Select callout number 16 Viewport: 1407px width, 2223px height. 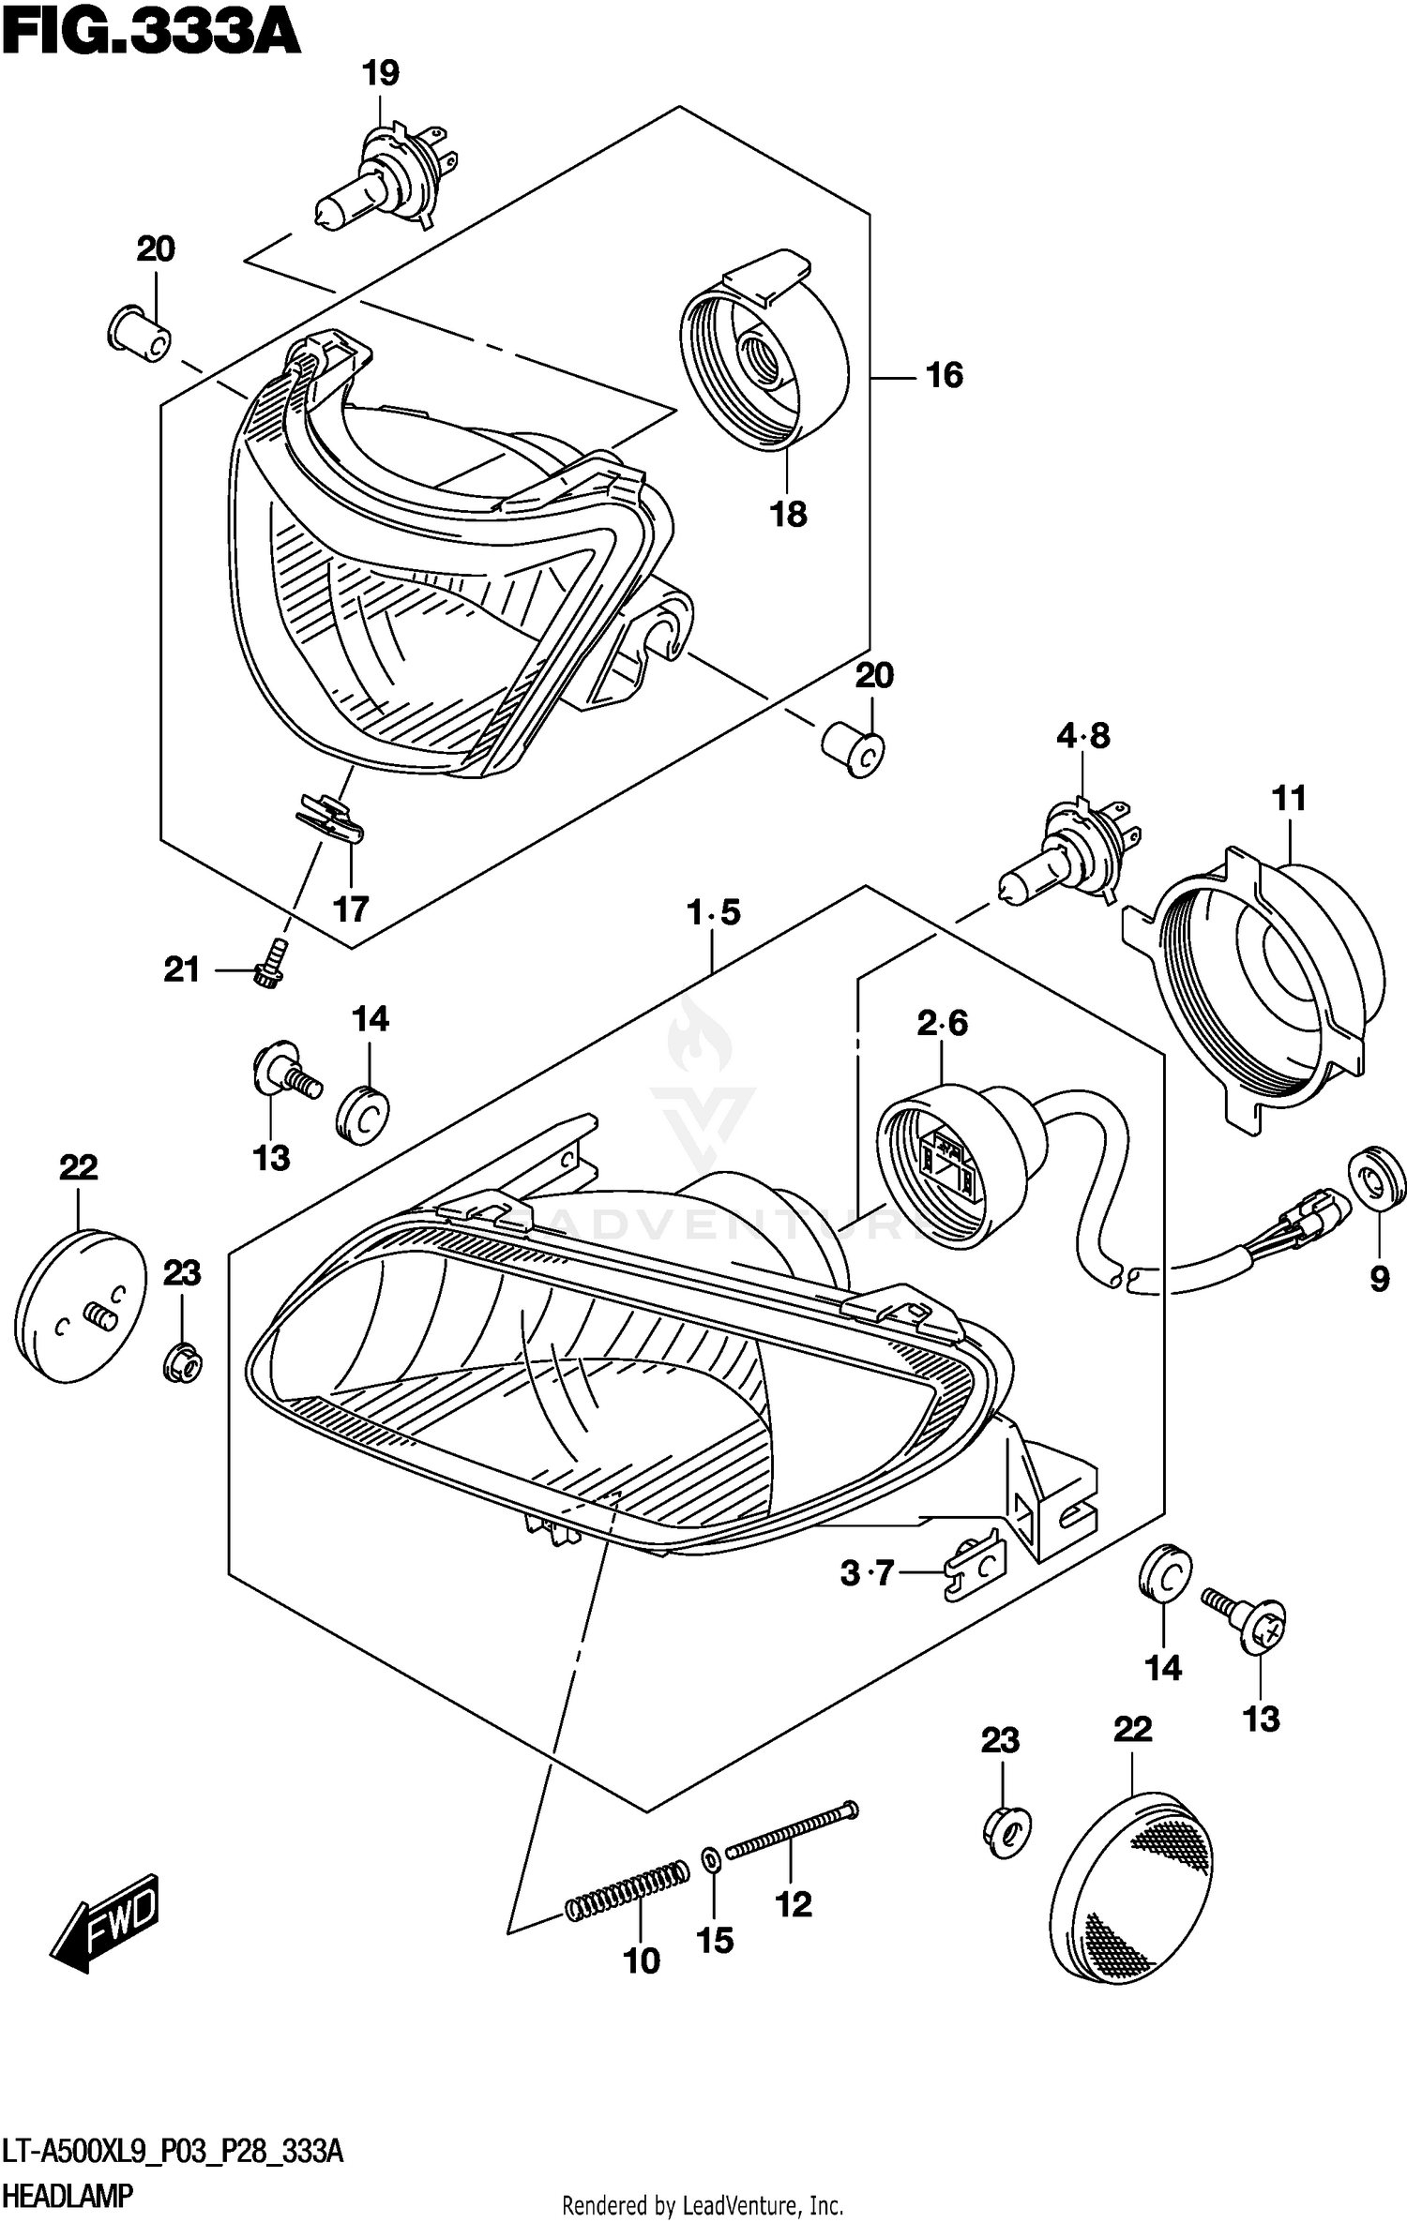tap(944, 375)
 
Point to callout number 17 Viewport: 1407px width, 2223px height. tap(351, 909)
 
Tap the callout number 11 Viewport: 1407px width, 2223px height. tap(1289, 799)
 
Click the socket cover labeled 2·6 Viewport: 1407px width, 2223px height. tap(947, 1163)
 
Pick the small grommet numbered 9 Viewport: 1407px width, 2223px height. tap(1377, 1184)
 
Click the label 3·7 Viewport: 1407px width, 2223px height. tap(867, 1572)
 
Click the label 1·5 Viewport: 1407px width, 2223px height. tap(713, 912)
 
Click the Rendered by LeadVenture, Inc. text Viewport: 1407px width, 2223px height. tap(703, 2206)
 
